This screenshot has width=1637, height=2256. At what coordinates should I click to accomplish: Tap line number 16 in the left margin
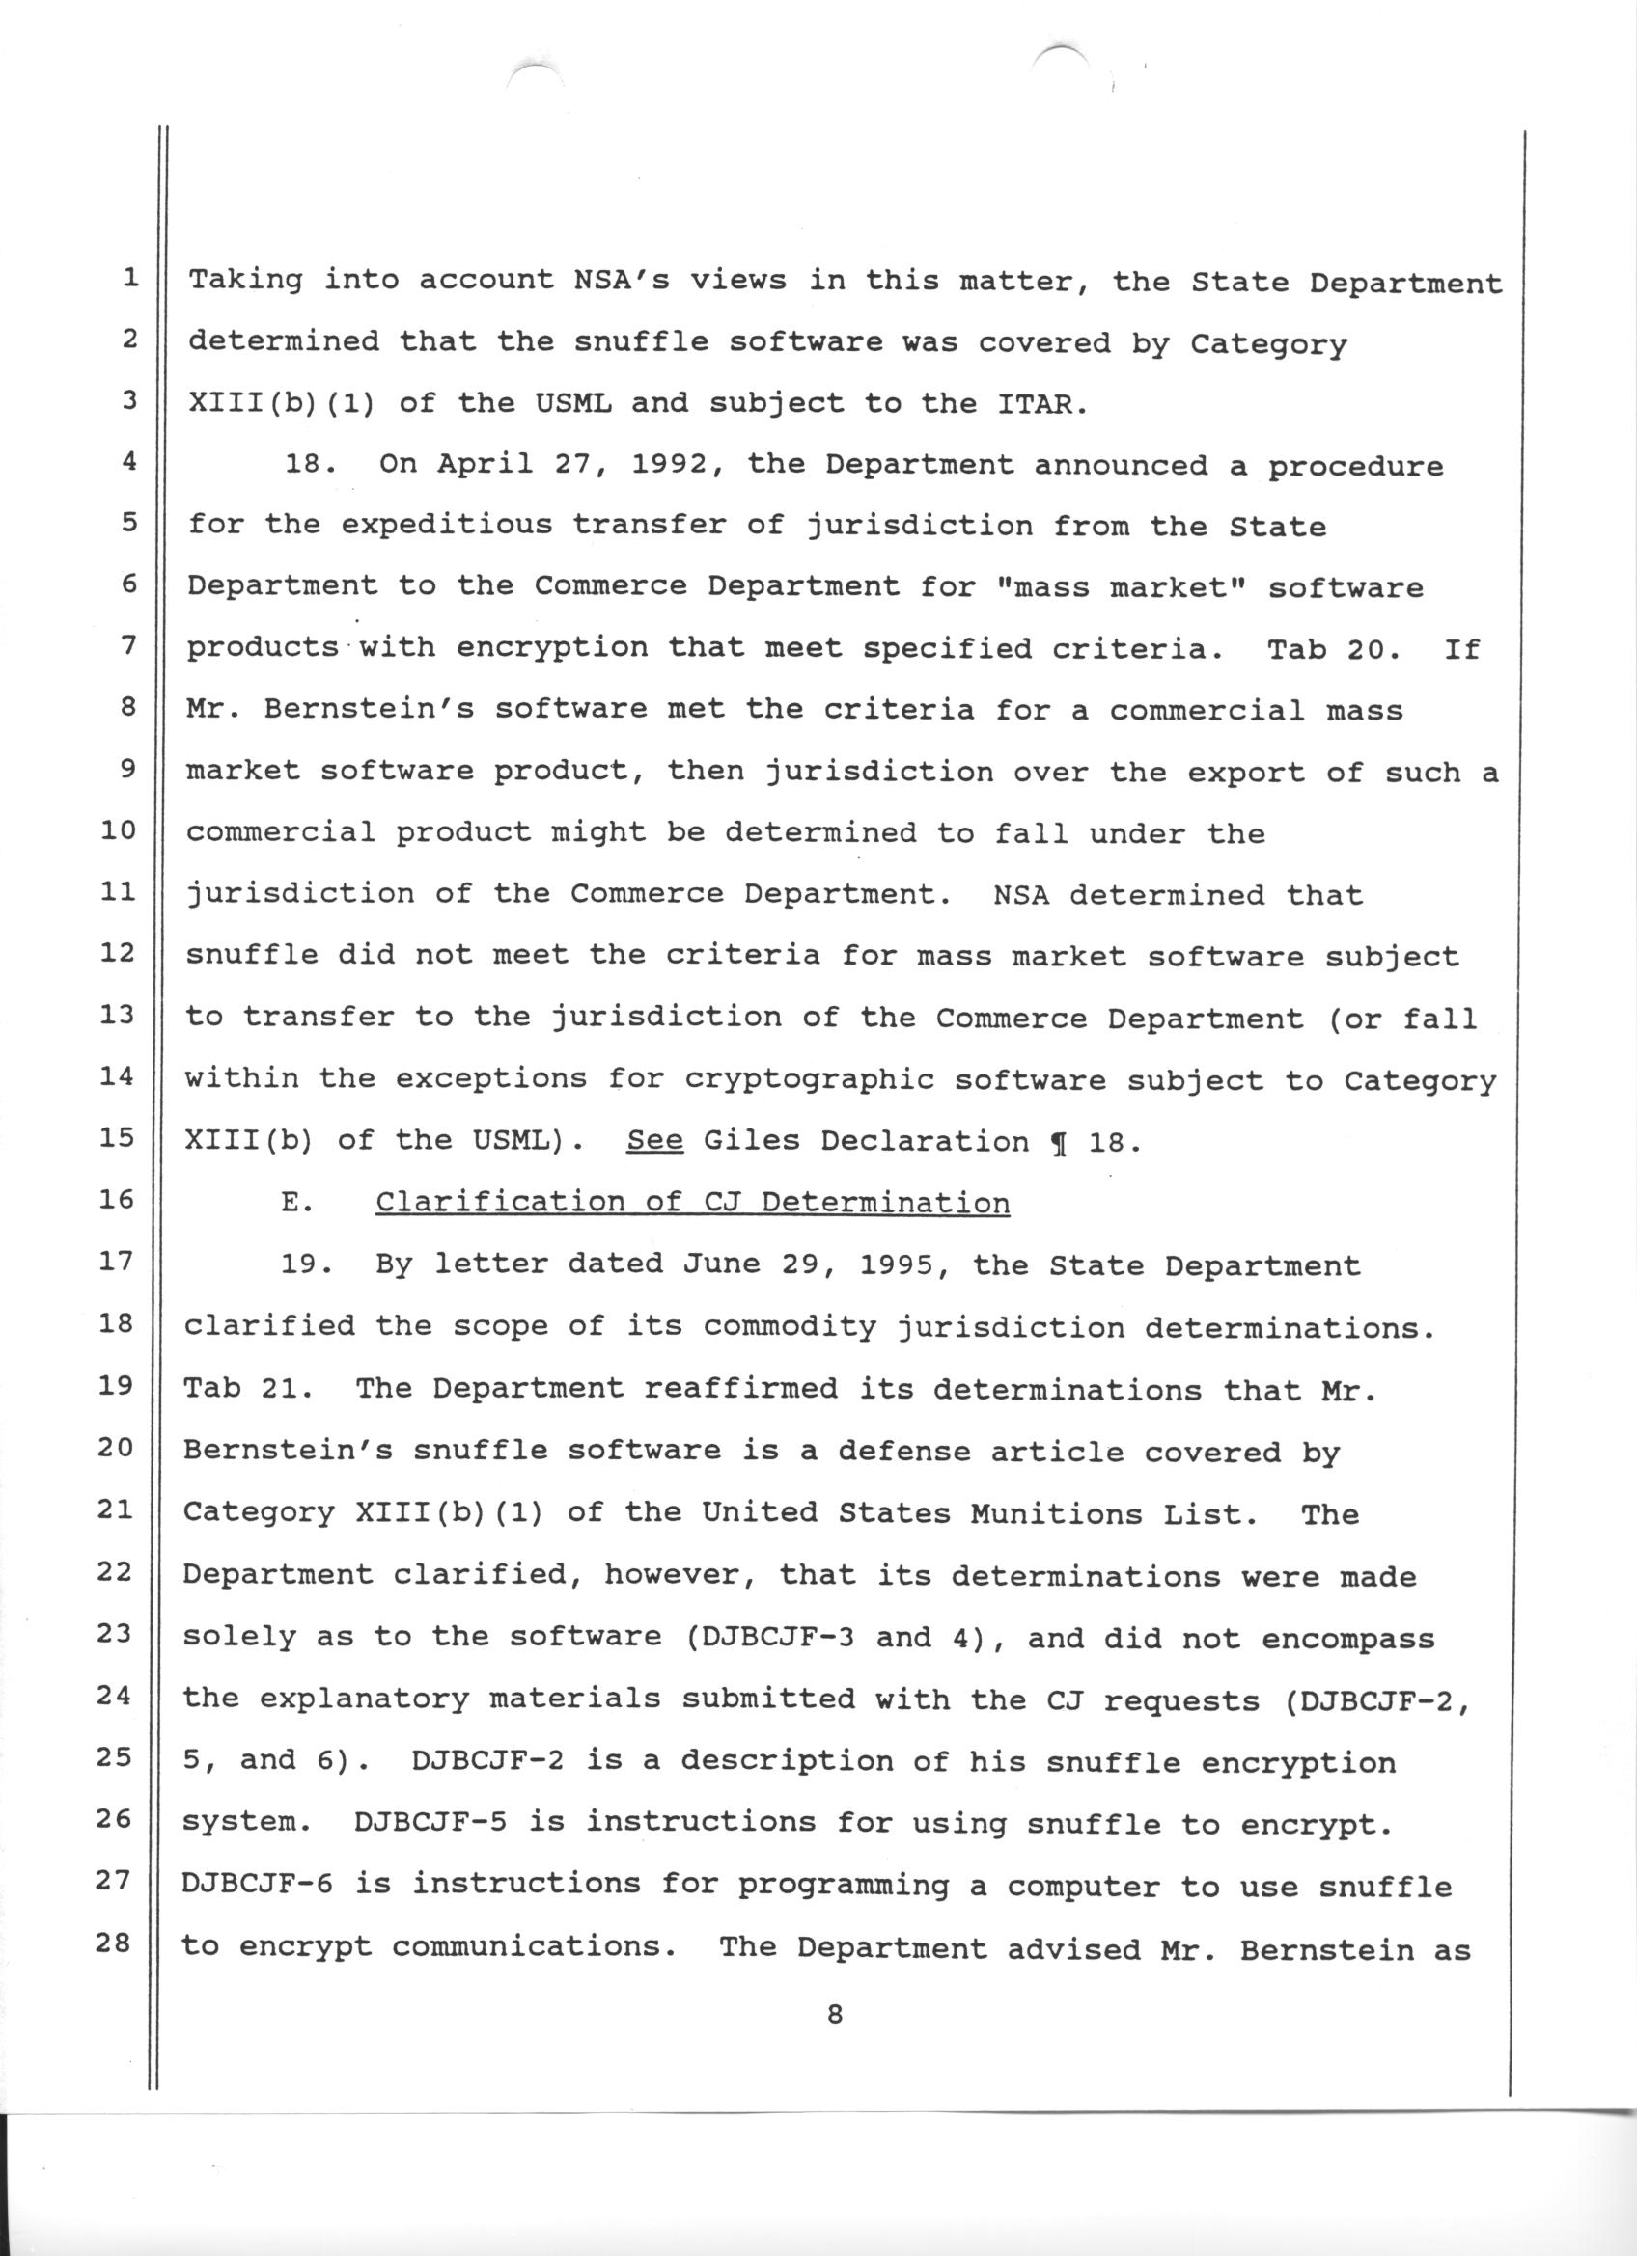click(x=117, y=1199)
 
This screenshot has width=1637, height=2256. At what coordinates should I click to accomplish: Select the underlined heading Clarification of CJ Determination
click(x=693, y=1203)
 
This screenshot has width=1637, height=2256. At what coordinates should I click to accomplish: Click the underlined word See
click(x=654, y=1141)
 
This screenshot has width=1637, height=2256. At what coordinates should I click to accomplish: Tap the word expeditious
click(x=447, y=527)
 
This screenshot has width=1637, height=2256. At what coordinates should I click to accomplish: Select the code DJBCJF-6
click(x=258, y=1883)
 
